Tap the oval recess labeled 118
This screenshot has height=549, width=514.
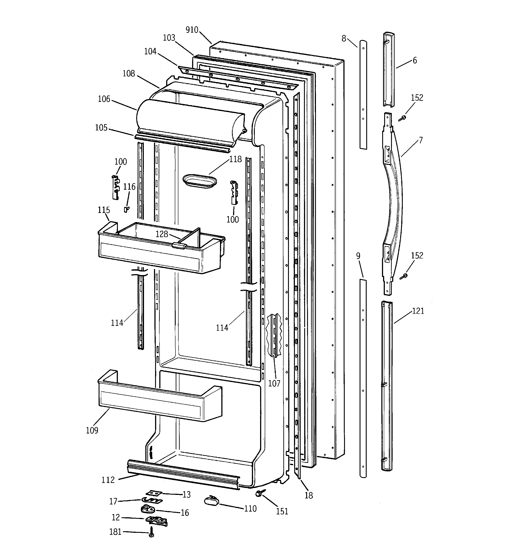[x=200, y=181]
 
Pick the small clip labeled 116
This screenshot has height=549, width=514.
[x=126, y=210]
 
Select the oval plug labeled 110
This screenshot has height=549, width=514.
[x=211, y=500]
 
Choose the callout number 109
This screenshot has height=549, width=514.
[x=92, y=430]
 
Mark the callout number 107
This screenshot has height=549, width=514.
[x=274, y=383]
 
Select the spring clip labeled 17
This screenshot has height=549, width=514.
[x=152, y=500]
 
